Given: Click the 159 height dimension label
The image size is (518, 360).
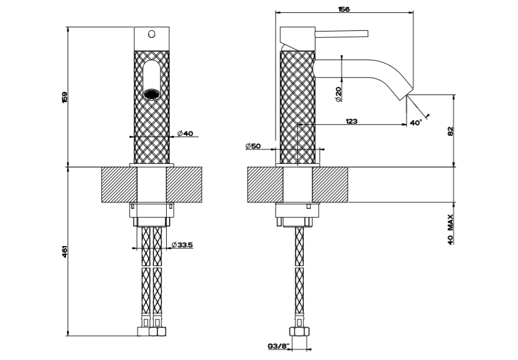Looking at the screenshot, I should point(65,97).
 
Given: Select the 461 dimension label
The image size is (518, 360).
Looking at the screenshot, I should point(65,251).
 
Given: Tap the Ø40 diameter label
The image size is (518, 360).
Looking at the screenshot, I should point(184,134).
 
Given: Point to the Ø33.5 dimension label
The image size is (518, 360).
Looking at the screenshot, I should point(183,245).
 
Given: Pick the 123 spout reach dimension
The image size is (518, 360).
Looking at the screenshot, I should point(351,121).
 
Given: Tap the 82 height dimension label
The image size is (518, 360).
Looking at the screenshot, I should point(450,131).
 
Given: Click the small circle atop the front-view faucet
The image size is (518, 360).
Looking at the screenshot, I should point(152,35).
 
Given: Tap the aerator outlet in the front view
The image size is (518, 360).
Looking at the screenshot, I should point(152,93).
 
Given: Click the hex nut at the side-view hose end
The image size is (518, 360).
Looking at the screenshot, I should point(299,331).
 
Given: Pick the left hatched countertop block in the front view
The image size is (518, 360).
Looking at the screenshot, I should point(119,184).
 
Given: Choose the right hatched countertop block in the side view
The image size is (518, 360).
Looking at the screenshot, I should point(331,184).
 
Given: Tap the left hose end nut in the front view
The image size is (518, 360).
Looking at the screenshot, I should point(144,331).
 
